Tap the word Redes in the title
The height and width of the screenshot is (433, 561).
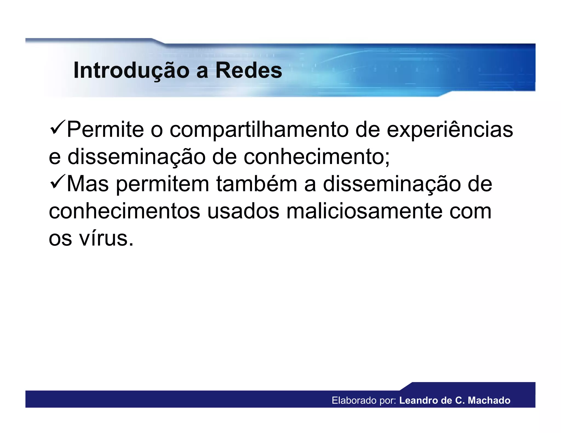pyautogui.click(x=249, y=71)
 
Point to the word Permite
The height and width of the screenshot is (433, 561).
pyautogui.click(x=105, y=129)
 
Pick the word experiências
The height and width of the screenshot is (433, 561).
pyautogui.click(x=450, y=130)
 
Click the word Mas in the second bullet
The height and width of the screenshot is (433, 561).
pyautogui.click(x=88, y=184)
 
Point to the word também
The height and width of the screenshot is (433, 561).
pyautogui.click(x=257, y=184)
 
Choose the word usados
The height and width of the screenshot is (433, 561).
pyautogui.click(x=243, y=211)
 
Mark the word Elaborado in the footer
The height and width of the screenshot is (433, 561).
pyautogui.click(x=354, y=400)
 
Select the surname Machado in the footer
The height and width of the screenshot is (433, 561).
pyautogui.click(x=489, y=400)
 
